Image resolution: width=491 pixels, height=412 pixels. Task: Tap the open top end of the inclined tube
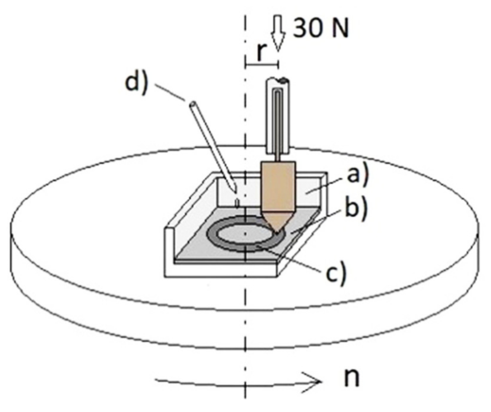pos(192,104)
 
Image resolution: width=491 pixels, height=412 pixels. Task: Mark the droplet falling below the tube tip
pos(237,204)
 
